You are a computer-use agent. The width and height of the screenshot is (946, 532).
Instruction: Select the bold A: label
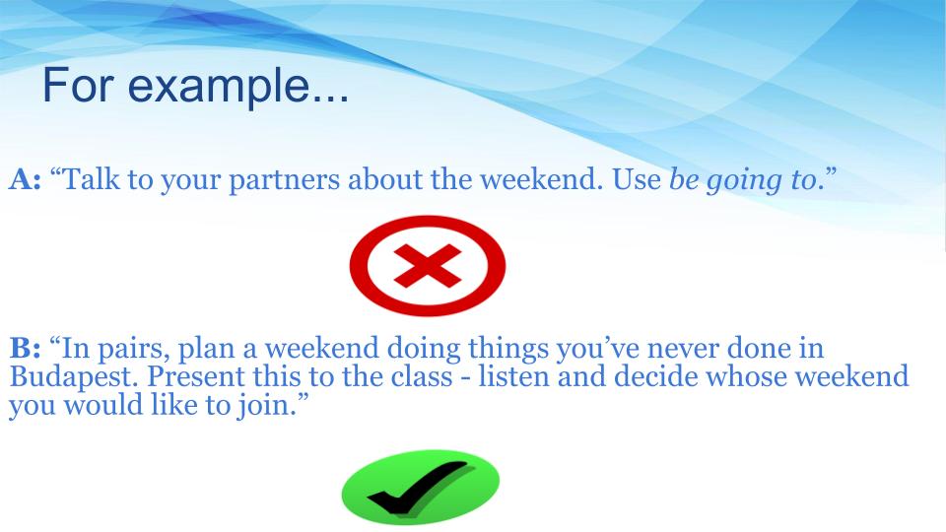pyautogui.click(x=25, y=179)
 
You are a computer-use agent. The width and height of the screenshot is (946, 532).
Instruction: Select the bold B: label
pyautogui.click(x=26, y=348)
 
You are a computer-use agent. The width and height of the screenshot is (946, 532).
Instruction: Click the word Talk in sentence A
pyautogui.click(x=91, y=179)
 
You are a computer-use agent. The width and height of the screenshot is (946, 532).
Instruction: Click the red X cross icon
pyautogui.click(x=428, y=265)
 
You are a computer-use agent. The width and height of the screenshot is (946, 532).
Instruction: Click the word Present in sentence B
pyautogui.click(x=195, y=376)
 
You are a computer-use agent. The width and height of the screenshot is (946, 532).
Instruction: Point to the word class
pyautogui.click(x=421, y=376)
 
